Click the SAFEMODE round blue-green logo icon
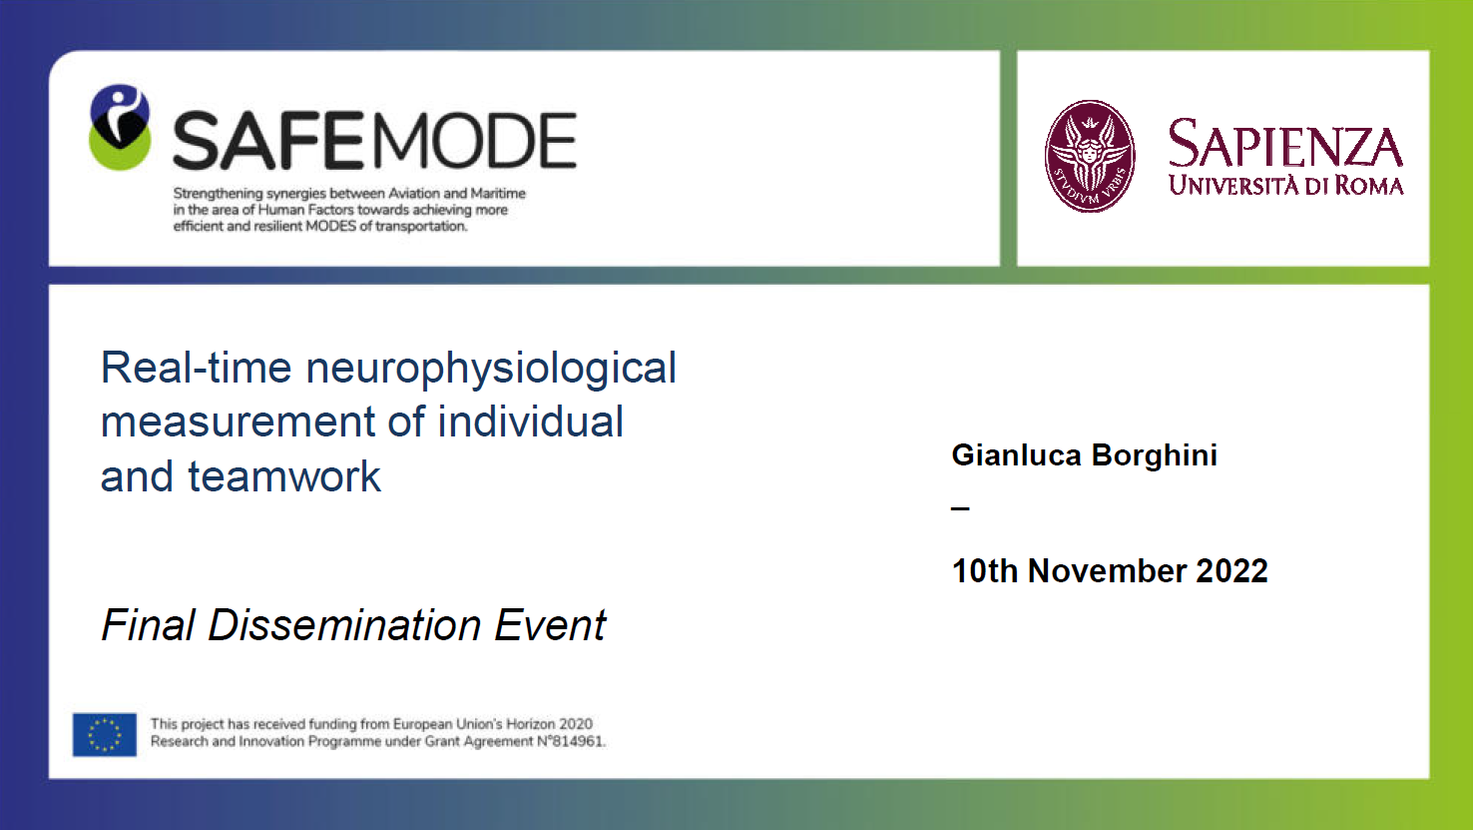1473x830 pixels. click(120, 127)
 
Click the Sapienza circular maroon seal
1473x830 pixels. click(1090, 156)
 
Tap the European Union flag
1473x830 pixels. click(105, 734)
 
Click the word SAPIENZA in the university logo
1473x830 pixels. click(1285, 144)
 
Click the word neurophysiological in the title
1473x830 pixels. click(491, 370)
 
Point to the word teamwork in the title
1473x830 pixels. click(284, 476)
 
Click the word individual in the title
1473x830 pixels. click(530, 421)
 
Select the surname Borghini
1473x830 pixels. click(1155, 456)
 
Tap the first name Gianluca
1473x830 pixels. click(1017, 455)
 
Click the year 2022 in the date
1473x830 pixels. click(1231, 570)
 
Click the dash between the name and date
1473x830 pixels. click(960, 507)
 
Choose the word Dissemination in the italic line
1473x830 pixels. click(344, 624)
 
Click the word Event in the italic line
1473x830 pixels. click(550, 624)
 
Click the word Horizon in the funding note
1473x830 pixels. click(530, 723)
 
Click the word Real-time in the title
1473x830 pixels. click(196, 368)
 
